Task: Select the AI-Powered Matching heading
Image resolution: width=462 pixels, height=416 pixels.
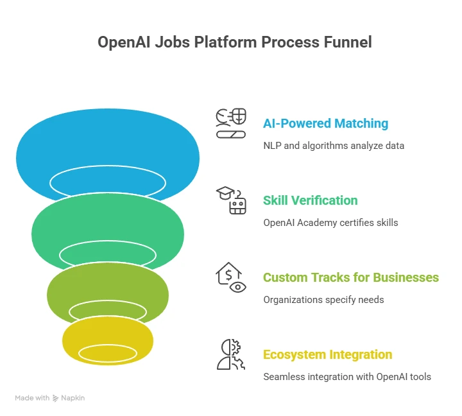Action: point(325,123)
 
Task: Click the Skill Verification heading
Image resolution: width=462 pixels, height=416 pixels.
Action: point(310,200)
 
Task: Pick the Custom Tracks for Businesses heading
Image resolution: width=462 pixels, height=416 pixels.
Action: point(351,277)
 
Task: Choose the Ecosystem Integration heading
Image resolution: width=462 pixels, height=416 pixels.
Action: point(327,354)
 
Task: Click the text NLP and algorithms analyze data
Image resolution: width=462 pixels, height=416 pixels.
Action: point(334,146)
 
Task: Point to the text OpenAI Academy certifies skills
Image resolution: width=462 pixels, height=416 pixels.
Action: point(330,223)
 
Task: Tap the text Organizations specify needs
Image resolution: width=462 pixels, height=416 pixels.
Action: point(323,300)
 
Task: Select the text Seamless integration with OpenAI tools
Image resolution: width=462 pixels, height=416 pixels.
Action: point(347,377)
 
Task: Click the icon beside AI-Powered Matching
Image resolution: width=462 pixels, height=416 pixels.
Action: point(230,124)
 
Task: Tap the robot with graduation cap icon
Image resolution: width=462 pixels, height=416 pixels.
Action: point(231,201)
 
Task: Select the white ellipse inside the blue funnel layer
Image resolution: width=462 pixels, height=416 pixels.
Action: point(108,182)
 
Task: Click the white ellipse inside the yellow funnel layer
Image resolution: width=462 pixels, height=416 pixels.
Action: point(108,353)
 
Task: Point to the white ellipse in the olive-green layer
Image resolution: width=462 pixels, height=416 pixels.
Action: point(108,312)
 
